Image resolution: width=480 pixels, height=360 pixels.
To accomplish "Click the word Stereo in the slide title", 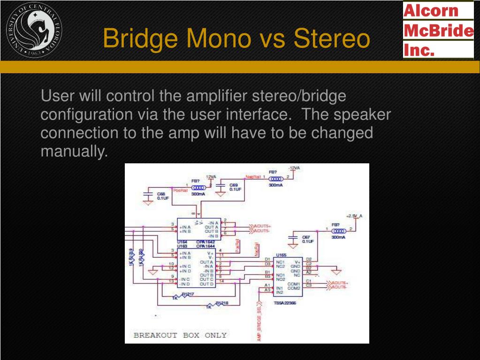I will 332,38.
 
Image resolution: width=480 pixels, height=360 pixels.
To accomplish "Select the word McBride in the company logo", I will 438,31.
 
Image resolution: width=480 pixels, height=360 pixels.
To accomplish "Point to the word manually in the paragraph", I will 74,151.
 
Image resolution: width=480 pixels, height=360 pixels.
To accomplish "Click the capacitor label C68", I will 161,194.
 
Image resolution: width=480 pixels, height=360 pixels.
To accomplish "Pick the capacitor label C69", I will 234,185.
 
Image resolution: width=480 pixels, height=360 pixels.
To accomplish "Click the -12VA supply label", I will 294,168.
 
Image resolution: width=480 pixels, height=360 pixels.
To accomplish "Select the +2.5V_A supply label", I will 355,215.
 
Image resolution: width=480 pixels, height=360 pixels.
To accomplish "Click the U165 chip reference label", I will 281,255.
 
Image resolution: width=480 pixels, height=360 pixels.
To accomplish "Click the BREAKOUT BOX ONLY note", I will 180,335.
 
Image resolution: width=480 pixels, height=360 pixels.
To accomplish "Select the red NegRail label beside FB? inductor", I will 252,177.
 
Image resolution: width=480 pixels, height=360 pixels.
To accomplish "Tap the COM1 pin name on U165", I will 294,283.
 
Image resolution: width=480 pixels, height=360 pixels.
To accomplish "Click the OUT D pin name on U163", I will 207,284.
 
